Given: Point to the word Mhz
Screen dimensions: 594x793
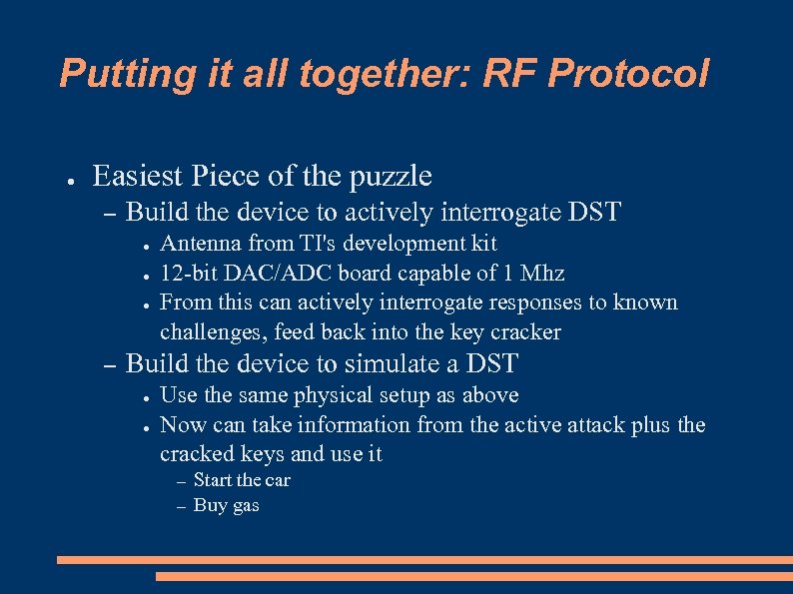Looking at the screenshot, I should point(543,274).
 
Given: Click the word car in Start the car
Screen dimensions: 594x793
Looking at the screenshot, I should point(277,480).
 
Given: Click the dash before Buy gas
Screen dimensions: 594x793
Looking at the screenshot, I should point(181,507).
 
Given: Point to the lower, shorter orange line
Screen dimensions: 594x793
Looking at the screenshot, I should point(474,576).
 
